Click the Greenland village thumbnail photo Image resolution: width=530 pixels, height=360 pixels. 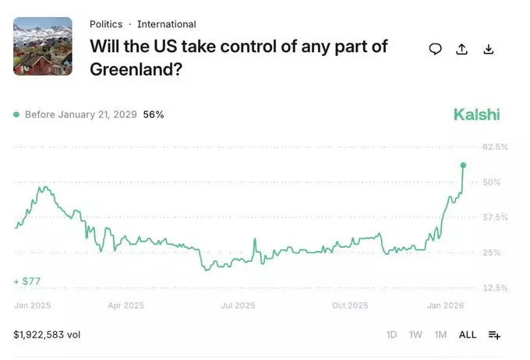[x=43, y=46]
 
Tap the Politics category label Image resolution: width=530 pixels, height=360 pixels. [x=106, y=24]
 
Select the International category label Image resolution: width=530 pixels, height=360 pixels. [x=167, y=24]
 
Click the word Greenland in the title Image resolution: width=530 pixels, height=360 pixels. [x=136, y=69]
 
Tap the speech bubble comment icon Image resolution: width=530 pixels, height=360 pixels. [x=436, y=49]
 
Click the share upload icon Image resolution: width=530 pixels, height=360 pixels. [x=461, y=49]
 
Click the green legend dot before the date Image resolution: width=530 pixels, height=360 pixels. [x=16, y=115]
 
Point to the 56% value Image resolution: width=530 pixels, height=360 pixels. [x=154, y=115]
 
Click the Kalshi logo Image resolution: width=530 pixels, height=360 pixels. [x=476, y=115]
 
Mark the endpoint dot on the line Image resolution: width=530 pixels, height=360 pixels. [x=463, y=165]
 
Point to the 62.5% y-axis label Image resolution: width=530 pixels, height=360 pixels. [x=495, y=146]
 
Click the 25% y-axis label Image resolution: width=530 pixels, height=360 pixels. [x=492, y=252]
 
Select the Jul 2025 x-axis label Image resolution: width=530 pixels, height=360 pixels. [x=238, y=305]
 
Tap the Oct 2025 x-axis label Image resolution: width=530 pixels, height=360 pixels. [x=350, y=305]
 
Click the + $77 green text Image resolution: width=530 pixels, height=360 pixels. [x=27, y=281]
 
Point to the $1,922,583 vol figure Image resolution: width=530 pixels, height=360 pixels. [x=47, y=334]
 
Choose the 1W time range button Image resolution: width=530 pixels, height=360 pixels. [x=415, y=334]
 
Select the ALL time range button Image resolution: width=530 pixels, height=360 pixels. [x=468, y=334]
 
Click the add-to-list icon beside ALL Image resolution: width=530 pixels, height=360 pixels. [x=494, y=335]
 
